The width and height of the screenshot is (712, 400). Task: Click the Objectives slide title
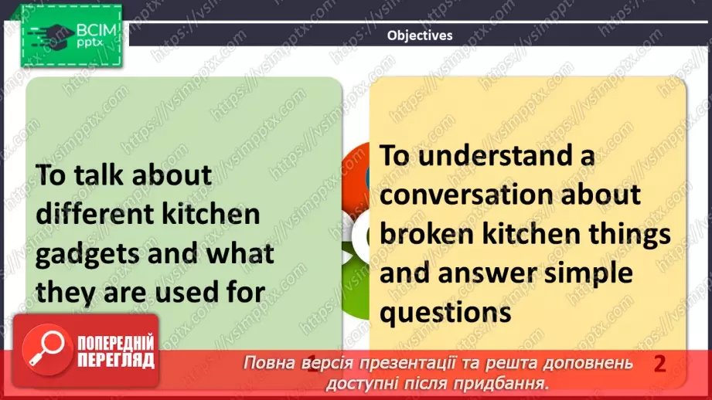(420, 35)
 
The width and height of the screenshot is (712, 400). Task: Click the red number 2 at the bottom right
(659, 364)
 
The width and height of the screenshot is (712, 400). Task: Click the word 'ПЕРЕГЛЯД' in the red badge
(116, 361)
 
